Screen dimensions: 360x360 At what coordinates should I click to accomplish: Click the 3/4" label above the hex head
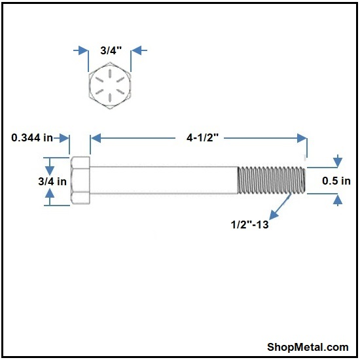click(111, 50)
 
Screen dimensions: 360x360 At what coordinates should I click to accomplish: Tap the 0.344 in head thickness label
click(32, 137)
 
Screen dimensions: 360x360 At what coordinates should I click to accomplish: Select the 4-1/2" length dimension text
click(202, 137)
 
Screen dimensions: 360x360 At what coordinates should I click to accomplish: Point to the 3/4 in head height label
click(52, 181)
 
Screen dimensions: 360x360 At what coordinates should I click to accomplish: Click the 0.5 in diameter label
click(336, 181)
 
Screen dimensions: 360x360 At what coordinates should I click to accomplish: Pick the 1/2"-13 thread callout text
click(249, 225)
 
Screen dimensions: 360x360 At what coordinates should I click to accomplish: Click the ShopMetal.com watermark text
click(308, 347)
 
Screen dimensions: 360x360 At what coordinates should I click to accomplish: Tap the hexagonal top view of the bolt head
click(110, 86)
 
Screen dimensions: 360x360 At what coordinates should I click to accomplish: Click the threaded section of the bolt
click(272, 180)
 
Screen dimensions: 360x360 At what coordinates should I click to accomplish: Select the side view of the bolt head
click(81, 180)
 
